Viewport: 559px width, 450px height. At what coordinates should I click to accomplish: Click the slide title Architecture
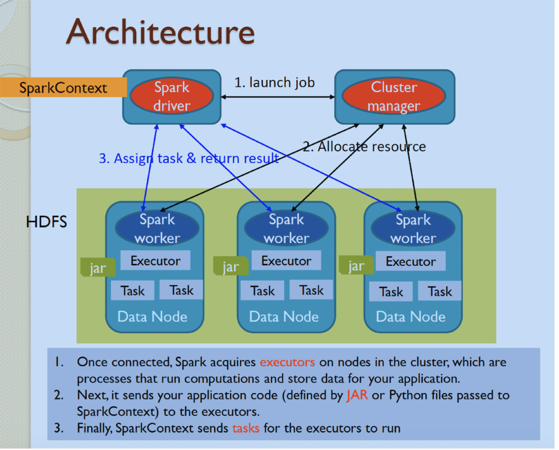160,32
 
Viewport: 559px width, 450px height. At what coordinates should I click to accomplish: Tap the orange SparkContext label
63,88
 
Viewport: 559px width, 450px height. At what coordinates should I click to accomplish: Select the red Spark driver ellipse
172,96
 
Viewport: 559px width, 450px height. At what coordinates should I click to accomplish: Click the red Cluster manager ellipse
394,96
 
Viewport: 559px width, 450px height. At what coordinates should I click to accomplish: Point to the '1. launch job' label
274,82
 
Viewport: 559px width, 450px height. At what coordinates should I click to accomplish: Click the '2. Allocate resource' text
364,147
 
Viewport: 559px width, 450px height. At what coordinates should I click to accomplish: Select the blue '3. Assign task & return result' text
188,159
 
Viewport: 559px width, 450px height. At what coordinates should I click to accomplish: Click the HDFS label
46,222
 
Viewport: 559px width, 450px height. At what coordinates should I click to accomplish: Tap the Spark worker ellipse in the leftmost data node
157,228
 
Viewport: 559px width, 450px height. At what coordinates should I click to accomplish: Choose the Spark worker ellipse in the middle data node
286,228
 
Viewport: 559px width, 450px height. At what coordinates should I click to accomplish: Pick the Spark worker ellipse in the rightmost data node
413,229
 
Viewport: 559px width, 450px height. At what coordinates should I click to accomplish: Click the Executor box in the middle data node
286,261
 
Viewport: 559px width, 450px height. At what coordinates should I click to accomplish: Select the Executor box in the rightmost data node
410,261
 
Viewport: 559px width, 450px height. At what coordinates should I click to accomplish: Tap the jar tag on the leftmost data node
98,268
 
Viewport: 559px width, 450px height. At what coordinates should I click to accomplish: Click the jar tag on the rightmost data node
356,266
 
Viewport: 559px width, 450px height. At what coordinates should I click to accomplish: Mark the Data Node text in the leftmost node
152,317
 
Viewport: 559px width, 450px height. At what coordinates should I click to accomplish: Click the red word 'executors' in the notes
287,362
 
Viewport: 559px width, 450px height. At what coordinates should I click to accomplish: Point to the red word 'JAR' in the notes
357,395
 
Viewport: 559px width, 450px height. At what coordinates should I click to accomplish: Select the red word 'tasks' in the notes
246,428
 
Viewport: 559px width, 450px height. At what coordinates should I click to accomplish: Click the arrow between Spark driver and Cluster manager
278,97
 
